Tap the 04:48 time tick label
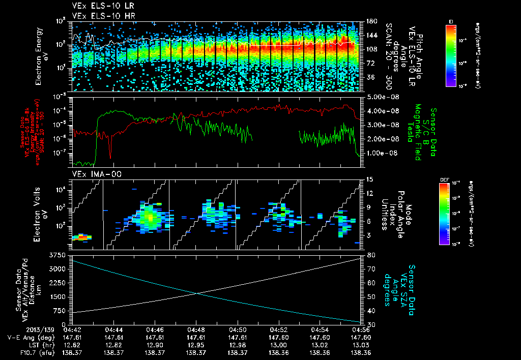[x=196, y=329]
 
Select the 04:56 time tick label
[x=361, y=329]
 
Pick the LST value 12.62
[x=73, y=344]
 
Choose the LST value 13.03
[x=361, y=344]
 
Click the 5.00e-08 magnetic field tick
[x=380, y=97]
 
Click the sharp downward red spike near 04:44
[x=110, y=151]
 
